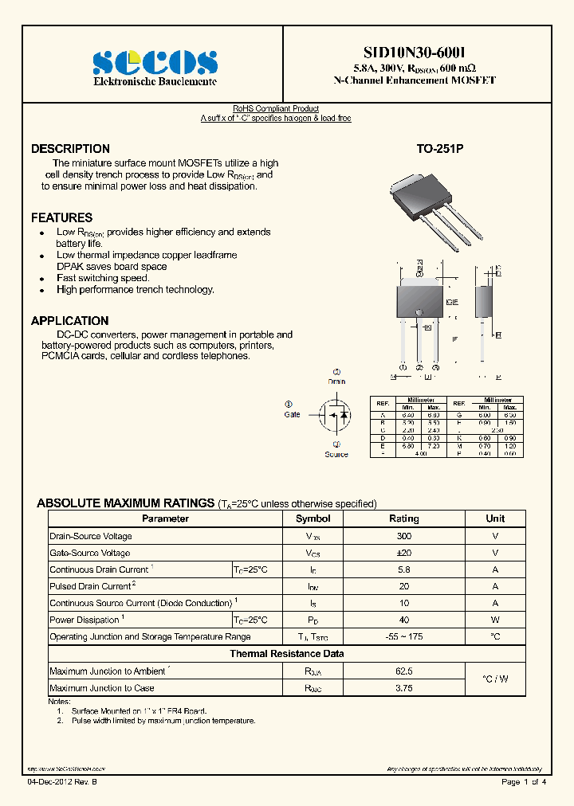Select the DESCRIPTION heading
click(x=70, y=149)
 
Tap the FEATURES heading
click(x=61, y=217)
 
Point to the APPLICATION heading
click(x=69, y=321)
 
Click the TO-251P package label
click(x=439, y=149)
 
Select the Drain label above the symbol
click(x=336, y=381)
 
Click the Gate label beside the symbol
click(x=292, y=414)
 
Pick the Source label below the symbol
click(x=336, y=454)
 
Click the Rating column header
click(x=404, y=518)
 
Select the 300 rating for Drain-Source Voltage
click(x=404, y=536)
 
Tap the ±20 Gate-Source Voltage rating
click(x=404, y=553)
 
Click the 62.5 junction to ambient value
click(x=404, y=671)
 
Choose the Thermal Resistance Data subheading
click(x=287, y=654)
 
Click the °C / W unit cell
click(x=495, y=679)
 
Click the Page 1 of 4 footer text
click(x=524, y=783)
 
